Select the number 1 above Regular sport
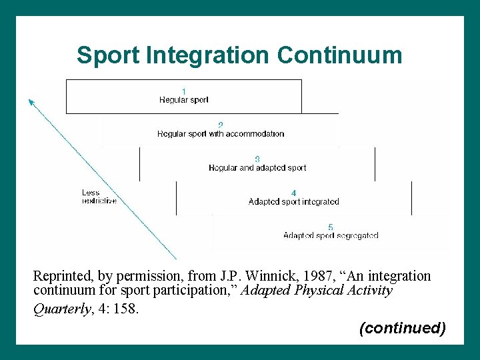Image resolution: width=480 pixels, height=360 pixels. point(184,91)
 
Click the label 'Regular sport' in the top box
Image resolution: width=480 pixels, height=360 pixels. point(184,100)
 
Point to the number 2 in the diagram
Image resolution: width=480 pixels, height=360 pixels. point(221,125)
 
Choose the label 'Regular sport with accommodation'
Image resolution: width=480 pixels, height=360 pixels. point(221,134)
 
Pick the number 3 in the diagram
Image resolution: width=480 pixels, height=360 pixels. point(257,159)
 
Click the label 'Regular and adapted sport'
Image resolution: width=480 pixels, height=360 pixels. point(257,168)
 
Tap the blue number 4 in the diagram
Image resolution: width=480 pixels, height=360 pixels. point(294,193)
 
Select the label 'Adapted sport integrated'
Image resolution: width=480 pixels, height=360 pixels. point(294,202)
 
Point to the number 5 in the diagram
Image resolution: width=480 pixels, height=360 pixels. point(331,227)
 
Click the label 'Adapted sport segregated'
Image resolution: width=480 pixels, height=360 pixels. point(331,236)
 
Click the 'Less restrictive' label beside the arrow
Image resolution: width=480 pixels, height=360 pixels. point(99,197)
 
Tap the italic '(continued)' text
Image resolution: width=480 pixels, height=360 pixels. point(402,328)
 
